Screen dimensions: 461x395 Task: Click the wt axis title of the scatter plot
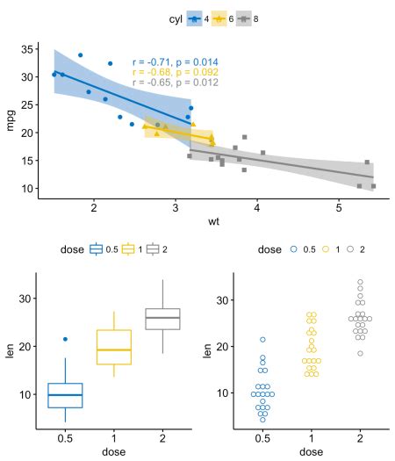(213, 221)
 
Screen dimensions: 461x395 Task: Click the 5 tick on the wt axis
(338, 208)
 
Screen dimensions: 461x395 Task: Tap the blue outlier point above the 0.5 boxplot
(65, 339)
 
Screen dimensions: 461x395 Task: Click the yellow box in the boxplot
(113, 347)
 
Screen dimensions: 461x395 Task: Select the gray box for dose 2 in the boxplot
(162, 319)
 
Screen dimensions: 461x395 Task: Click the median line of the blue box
(65, 394)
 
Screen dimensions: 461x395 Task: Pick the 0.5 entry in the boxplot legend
(104, 249)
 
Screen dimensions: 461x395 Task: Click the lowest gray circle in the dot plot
(360, 353)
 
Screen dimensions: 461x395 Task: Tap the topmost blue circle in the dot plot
(262, 339)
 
